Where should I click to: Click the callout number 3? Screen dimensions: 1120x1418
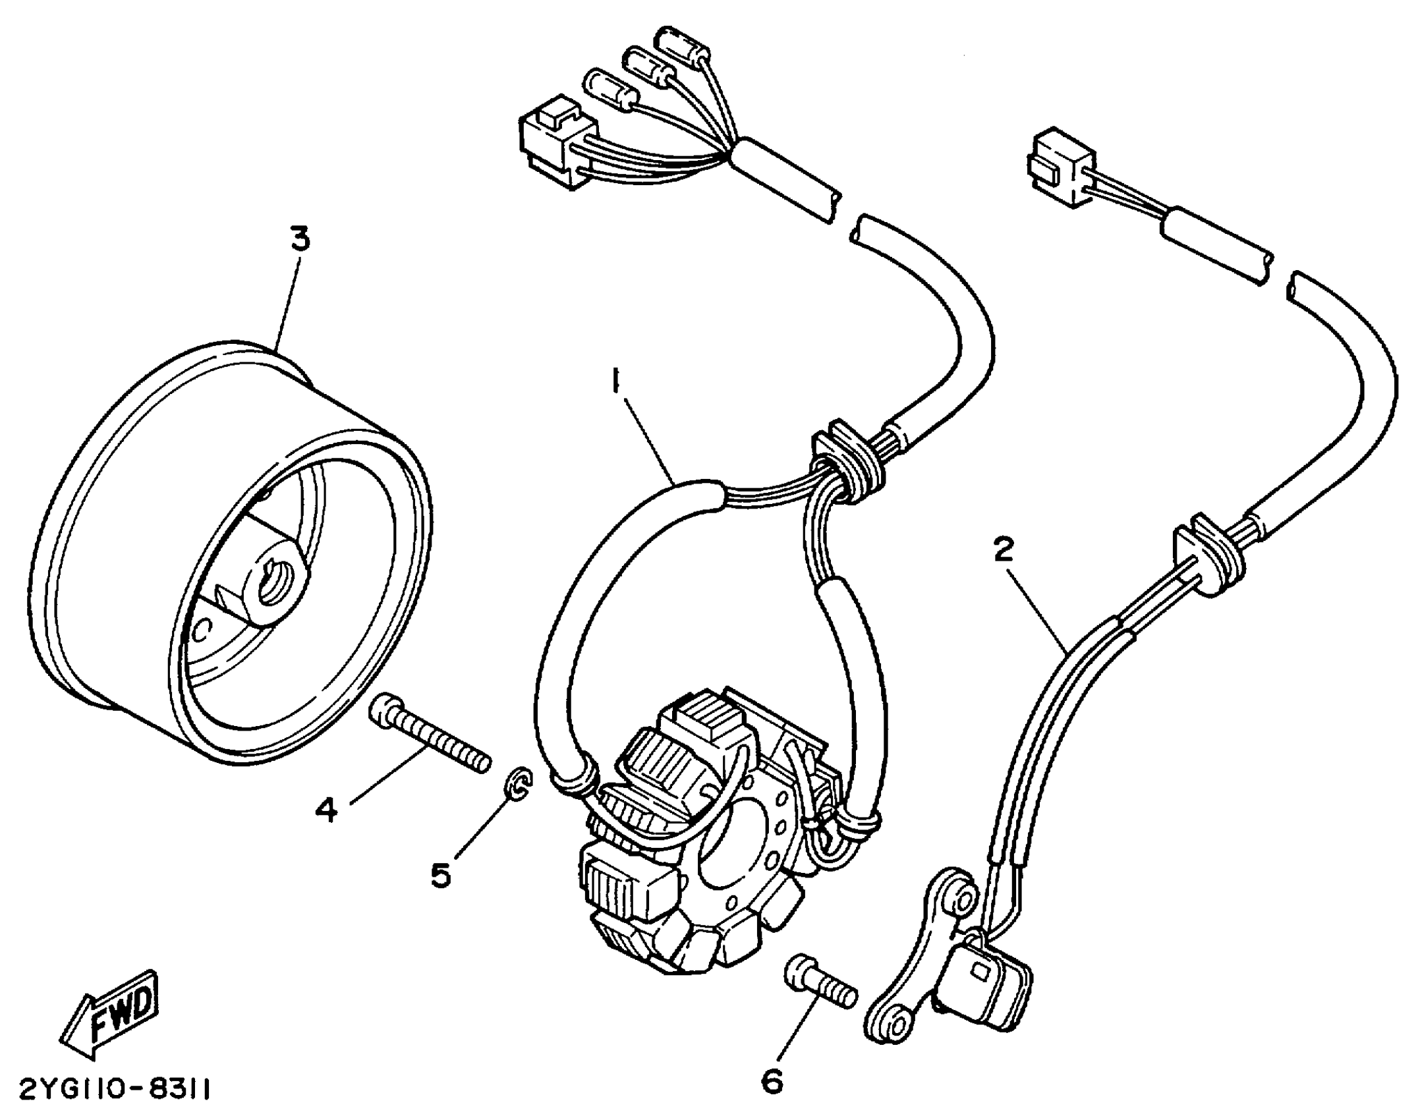click(300, 240)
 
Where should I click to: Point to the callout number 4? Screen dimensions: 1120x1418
click(326, 810)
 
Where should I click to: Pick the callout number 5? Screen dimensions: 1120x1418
click(441, 876)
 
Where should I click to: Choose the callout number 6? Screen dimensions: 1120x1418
click(772, 1080)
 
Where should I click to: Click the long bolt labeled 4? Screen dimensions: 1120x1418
click(429, 742)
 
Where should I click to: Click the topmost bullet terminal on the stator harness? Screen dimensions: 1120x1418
click(683, 43)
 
